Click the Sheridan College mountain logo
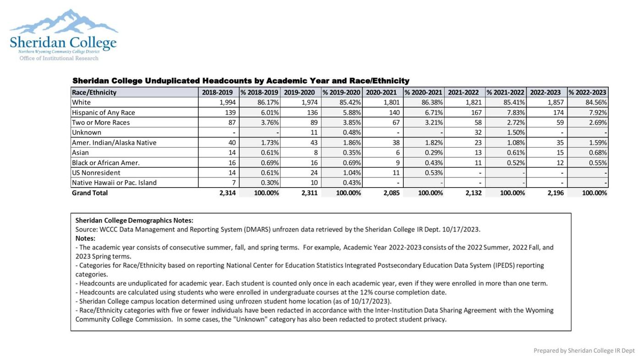click(63, 34)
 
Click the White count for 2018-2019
click(227, 102)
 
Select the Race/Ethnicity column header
click(94, 92)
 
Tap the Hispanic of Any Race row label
click(103, 112)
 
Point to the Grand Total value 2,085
click(391, 193)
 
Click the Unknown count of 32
click(478, 133)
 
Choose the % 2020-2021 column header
click(423, 92)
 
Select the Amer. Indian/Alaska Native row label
click(114, 143)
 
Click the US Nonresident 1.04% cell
click(352, 173)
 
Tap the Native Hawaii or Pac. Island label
click(114, 183)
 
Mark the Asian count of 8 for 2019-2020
click(314, 153)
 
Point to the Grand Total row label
click(90, 193)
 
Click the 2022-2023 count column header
click(545, 92)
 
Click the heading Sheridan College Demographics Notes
click(134, 221)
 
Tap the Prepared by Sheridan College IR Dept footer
click(584, 351)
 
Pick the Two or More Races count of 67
click(396, 122)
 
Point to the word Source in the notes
click(86, 229)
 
